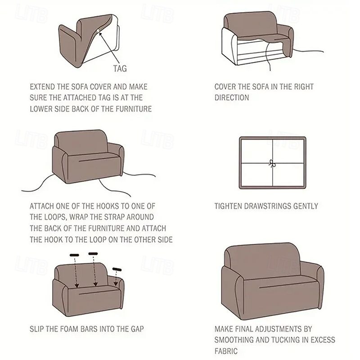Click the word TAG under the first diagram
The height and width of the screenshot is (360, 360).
coord(120,68)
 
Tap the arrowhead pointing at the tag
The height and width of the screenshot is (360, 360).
coord(100,34)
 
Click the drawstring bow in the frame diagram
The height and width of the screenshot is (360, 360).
coord(272,163)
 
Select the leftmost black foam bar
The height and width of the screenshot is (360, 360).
coord(74,255)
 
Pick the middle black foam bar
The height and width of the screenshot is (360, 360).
coord(93,254)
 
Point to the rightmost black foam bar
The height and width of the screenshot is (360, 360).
coord(117,269)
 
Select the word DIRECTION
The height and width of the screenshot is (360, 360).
coord(232,98)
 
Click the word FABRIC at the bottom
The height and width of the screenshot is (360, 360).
coord(226,351)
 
